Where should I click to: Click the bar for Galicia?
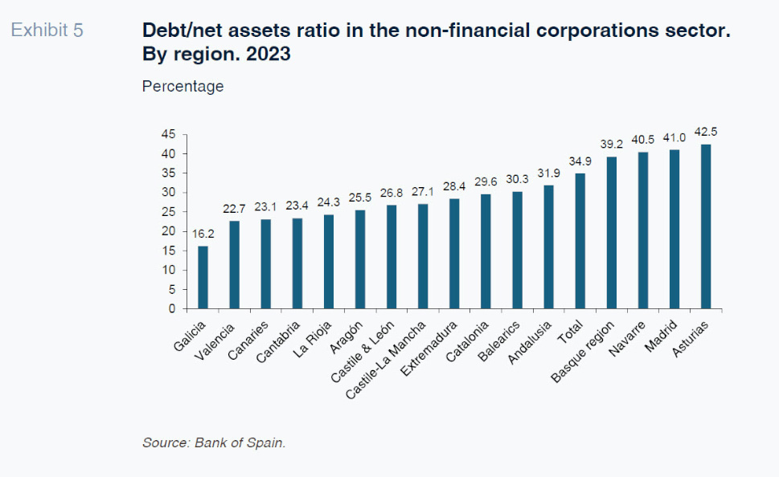pyautogui.click(x=203, y=277)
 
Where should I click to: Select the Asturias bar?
pyautogui.click(x=706, y=226)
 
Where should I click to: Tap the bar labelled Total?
pyautogui.click(x=580, y=241)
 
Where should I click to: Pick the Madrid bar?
pyautogui.click(x=674, y=229)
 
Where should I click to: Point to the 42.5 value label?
pyautogui.click(x=706, y=132)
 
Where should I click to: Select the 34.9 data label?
pyautogui.click(x=580, y=162)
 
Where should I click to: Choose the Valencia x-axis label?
pyautogui.click(x=216, y=338)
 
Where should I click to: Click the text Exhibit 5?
pyautogui.click(x=47, y=31)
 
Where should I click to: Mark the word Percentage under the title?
pyautogui.click(x=182, y=86)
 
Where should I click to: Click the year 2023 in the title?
pyautogui.click(x=269, y=55)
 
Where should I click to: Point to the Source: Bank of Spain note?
pyautogui.click(x=214, y=442)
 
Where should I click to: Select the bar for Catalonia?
pyautogui.click(x=486, y=251)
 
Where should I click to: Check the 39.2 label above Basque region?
pyautogui.click(x=612, y=145)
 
